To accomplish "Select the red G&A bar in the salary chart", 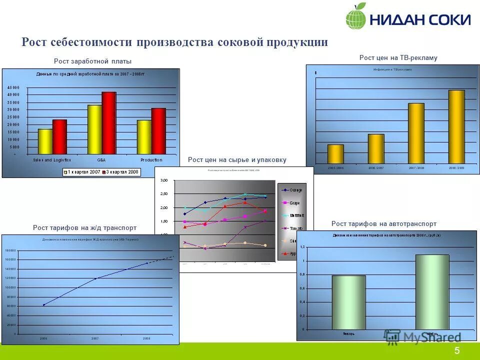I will (108, 123).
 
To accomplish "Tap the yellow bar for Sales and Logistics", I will (45, 141).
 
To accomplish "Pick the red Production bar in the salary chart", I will (158, 131).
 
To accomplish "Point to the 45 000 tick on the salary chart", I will (13, 87).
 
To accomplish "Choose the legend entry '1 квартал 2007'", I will (82, 172).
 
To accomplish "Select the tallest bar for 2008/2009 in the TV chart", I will (456, 126).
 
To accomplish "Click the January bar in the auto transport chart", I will (348, 302).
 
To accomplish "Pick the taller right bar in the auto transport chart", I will (432, 292).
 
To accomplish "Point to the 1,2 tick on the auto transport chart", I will (302, 247).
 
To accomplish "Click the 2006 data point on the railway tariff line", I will (43, 304).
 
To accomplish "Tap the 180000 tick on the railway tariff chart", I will (10, 250).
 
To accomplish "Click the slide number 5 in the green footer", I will (457, 351).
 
